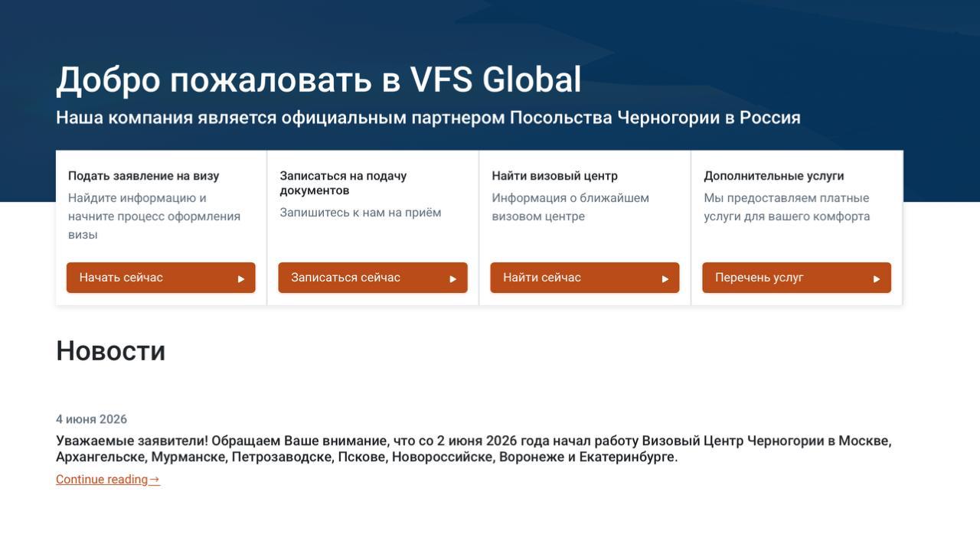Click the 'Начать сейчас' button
click(161, 278)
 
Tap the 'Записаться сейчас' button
click(373, 278)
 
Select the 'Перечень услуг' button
click(797, 278)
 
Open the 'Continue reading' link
click(108, 479)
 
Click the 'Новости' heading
click(111, 350)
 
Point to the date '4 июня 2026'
click(91, 419)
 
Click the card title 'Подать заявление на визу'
click(143, 176)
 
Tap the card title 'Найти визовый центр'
click(555, 176)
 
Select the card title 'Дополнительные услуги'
click(774, 176)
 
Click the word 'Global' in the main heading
click(531, 80)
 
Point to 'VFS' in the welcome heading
click(440, 80)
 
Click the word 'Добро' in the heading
click(108, 80)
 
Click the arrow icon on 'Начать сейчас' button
click(241, 279)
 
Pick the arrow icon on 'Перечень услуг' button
click(877, 279)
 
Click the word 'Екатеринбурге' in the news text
click(629, 457)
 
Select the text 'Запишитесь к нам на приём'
click(361, 213)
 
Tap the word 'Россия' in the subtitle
click(770, 118)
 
